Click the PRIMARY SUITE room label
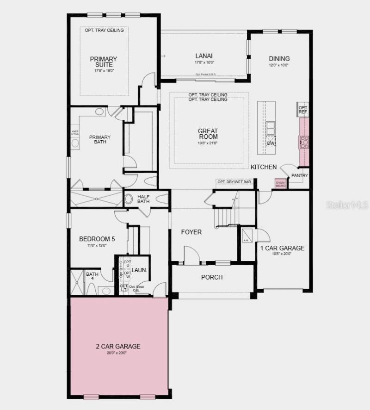pos(103,62)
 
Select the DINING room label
pos(279,59)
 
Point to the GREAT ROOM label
pos(208,134)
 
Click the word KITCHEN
pos(264,167)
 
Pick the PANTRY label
pos(299,175)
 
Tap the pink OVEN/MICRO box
pos(281,184)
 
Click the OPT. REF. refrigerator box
pos(303,110)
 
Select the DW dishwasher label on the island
pos(271,143)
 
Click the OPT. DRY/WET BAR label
pos(234,182)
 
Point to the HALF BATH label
pos(143,199)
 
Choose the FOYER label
pos(191,232)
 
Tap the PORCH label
pos(212,277)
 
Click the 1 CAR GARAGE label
pos(282,248)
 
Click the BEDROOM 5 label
pos(97,239)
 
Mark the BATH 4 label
pos(92,277)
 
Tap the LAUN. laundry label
pos(139,270)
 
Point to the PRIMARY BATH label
pos(100,139)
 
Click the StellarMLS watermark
pos(347,205)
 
